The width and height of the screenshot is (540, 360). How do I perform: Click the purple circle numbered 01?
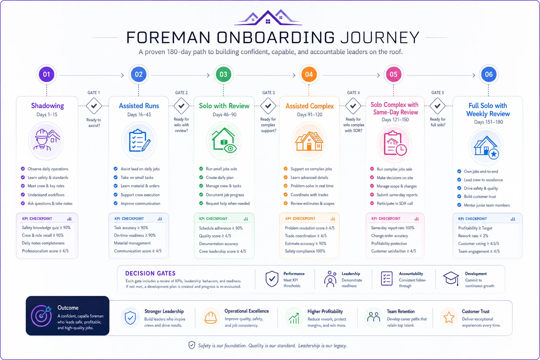pyautogui.click(x=46, y=74)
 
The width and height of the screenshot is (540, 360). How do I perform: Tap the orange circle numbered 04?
pyautogui.click(x=309, y=74)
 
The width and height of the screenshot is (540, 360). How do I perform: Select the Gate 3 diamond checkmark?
pyautogui.click(x=268, y=105)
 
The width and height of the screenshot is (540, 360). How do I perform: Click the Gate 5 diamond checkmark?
pyautogui.click(x=437, y=105)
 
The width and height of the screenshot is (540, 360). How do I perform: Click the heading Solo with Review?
pyautogui.click(x=224, y=105)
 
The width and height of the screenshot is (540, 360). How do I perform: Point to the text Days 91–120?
pyautogui.click(x=309, y=115)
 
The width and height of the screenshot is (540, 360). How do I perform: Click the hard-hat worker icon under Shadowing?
pyautogui.click(x=46, y=140)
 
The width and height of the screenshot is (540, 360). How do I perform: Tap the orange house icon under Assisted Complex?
pyautogui.click(x=309, y=141)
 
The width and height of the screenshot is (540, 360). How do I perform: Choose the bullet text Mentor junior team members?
pyautogui.click(x=487, y=205)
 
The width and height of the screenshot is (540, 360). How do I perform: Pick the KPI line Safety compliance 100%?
pyautogui.click(x=305, y=251)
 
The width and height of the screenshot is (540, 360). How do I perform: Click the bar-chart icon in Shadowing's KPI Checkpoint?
pyautogui.click(x=69, y=219)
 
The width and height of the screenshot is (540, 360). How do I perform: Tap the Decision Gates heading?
pyautogui.click(x=150, y=273)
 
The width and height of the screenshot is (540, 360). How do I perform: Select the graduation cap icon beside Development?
pyautogui.click(x=451, y=278)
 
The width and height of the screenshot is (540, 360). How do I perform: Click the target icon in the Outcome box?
pyautogui.click(x=41, y=316)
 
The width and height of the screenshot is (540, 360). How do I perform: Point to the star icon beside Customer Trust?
pyautogui.click(x=449, y=317)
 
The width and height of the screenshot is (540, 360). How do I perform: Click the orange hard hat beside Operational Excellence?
pyautogui.click(x=211, y=317)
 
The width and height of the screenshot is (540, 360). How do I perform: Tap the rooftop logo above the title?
pyautogui.click(x=268, y=17)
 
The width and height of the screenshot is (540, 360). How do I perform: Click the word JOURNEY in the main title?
pyautogui.click(x=380, y=38)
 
